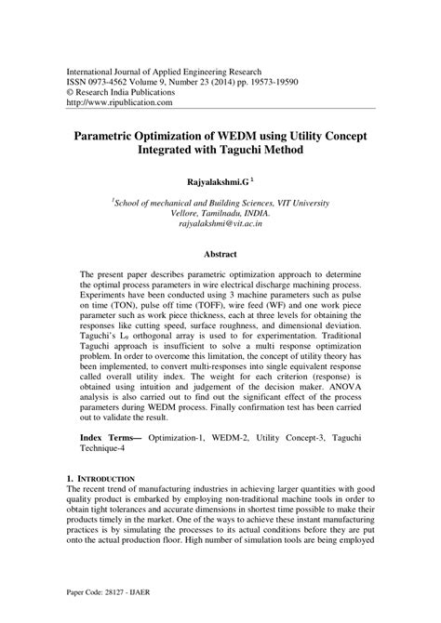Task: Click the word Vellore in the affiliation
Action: [x=178, y=212]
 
